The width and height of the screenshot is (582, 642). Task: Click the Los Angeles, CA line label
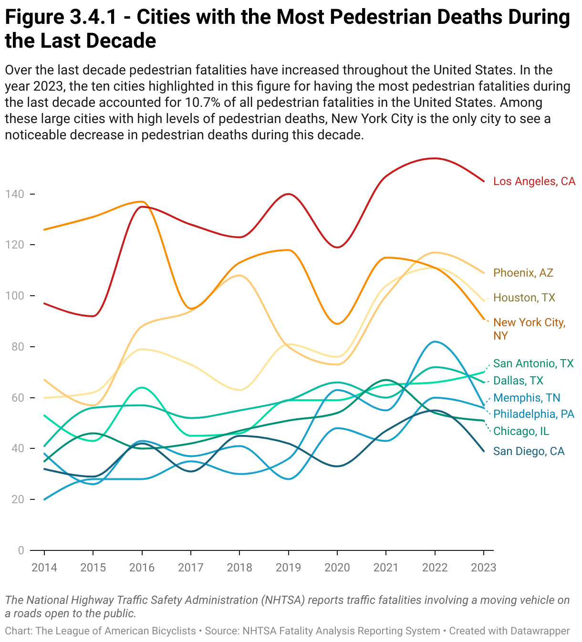click(x=534, y=181)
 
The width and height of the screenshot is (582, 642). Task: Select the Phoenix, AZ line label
click(x=523, y=273)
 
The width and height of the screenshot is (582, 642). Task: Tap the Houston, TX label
click(x=524, y=298)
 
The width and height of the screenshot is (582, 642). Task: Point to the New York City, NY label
click(x=529, y=329)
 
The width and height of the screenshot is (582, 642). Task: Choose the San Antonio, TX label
click(x=533, y=363)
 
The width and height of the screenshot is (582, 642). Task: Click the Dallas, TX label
click(x=518, y=381)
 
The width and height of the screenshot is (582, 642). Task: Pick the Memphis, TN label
click(x=527, y=398)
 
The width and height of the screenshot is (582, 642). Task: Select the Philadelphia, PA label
click(x=534, y=414)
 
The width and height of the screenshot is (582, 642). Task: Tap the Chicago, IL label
click(x=521, y=431)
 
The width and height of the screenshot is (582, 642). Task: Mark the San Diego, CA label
click(x=529, y=451)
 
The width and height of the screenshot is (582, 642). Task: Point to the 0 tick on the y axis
click(x=21, y=550)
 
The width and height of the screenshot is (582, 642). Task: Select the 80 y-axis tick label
click(x=17, y=347)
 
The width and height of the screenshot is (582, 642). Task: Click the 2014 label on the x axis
click(x=44, y=567)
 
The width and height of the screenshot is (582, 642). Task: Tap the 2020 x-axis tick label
click(x=337, y=567)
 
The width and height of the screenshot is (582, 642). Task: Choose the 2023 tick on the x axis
click(x=483, y=567)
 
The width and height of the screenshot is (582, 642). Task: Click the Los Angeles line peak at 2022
click(x=435, y=158)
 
